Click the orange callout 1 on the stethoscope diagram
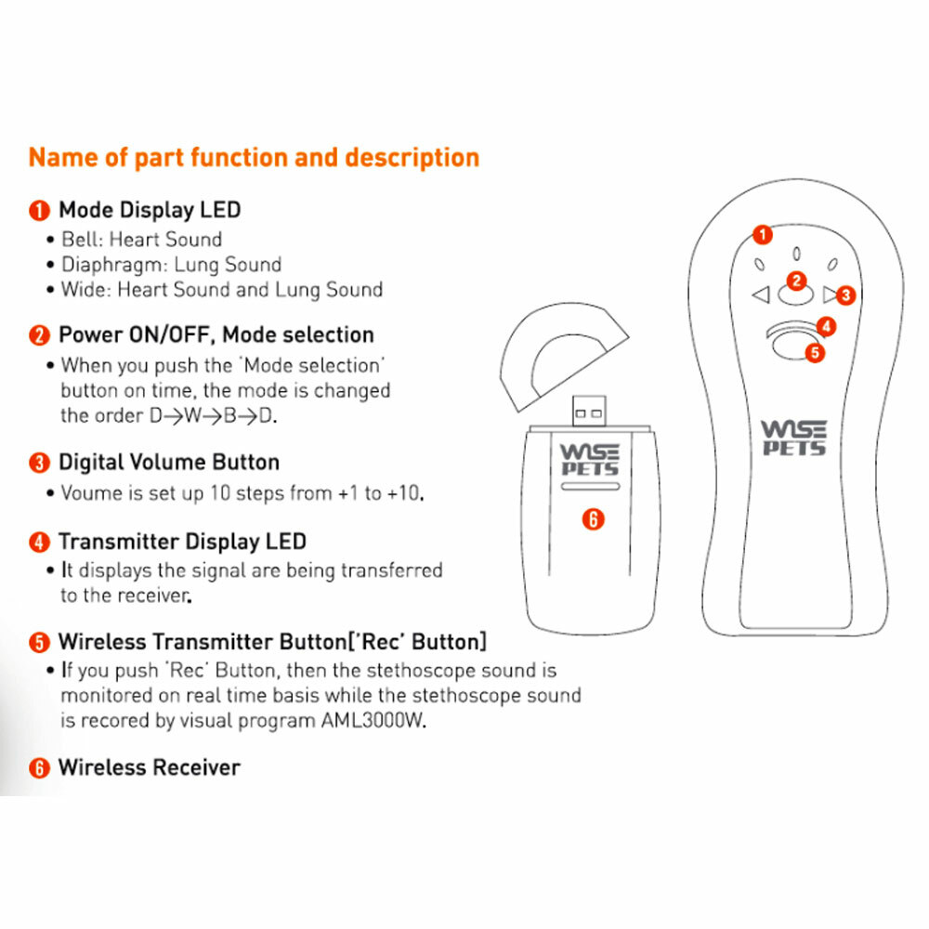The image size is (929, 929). (x=762, y=235)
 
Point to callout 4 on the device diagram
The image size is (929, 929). (x=827, y=327)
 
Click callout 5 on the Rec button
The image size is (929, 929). (x=815, y=353)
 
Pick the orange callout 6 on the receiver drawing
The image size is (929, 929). (x=594, y=519)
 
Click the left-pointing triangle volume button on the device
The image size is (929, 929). (x=761, y=296)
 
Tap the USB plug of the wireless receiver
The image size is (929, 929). (x=586, y=408)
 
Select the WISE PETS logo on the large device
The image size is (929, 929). (x=792, y=438)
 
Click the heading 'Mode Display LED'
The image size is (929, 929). (x=150, y=210)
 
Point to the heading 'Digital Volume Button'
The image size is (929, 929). (x=168, y=463)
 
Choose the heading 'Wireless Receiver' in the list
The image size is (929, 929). (x=149, y=767)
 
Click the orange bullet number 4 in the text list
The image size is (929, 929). (x=39, y=542)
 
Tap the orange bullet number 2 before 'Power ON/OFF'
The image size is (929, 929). (x=39, y=335)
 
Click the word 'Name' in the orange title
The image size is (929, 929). (x=60, y=157)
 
